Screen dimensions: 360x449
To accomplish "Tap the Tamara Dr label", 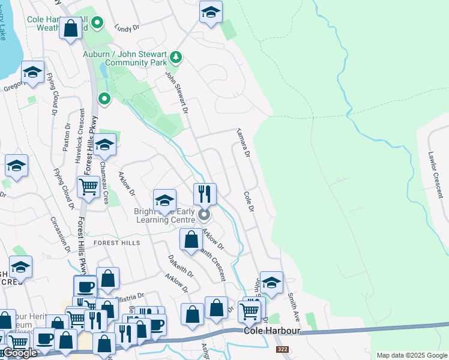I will [242, 142].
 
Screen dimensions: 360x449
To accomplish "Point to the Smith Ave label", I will [293, 305].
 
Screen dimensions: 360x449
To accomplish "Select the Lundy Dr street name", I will [127, 28].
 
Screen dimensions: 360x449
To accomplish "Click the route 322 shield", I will [282, 349].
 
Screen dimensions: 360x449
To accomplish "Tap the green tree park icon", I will [176, 58].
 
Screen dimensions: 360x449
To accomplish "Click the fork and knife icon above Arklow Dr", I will [205, 193].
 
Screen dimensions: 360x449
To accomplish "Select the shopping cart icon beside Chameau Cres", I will [88, 187].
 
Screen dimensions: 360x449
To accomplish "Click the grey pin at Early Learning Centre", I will [205, 214].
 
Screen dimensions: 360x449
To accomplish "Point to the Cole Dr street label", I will [249, 202].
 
